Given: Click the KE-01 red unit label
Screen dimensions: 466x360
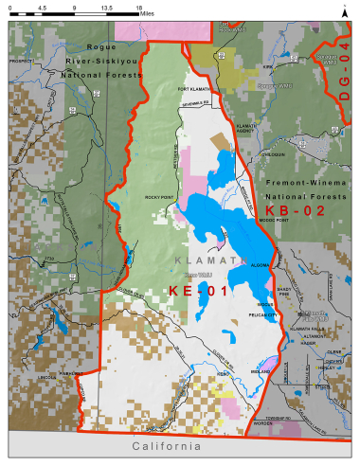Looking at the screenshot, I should [x=198, y=290].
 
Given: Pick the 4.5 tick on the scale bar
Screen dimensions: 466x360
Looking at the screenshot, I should [x=42, y=7].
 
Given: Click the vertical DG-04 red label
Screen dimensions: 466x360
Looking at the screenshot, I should [x=344, y=76].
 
